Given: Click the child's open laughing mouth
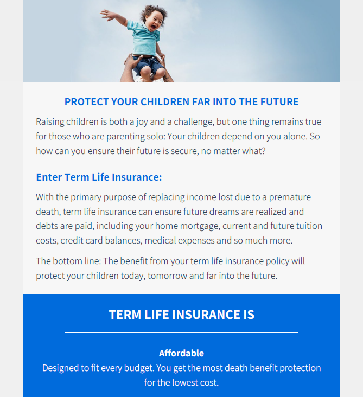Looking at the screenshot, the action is pos(154,27).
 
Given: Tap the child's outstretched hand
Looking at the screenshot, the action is pos(107,15).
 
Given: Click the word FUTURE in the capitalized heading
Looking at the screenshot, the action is pos(279,102).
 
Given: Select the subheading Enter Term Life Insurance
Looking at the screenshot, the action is pos(99,177).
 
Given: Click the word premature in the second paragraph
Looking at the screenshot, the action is pos(290,197).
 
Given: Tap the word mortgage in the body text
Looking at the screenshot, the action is pos(187,226).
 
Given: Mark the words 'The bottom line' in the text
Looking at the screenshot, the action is pos(68,261).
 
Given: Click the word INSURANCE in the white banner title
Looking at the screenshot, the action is pos(206,315).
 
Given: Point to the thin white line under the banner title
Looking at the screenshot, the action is pos(181,332).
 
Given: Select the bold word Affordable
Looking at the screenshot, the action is pos(181,353).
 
